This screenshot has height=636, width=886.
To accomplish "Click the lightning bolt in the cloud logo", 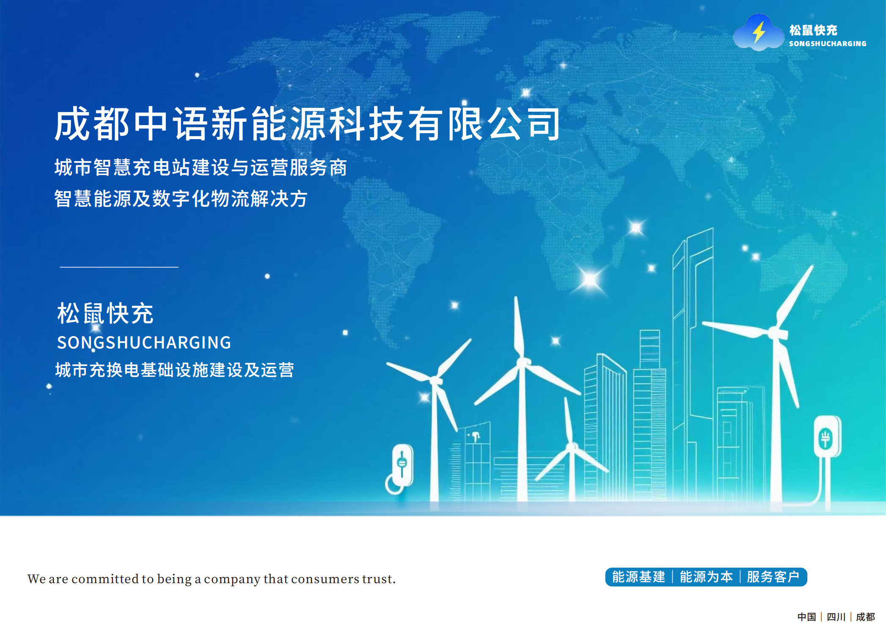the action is (759, 32).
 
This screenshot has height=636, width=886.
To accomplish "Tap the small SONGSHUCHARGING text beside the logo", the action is (828, 44).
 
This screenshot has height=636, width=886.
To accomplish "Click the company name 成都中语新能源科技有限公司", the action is (308, 123).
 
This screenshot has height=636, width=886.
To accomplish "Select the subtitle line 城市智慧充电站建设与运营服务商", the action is (201, 167).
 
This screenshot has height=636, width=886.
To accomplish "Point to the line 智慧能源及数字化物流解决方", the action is (181, 198).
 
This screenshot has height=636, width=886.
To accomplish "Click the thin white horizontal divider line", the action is (119, 267).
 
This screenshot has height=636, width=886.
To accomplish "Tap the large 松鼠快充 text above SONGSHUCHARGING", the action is (105, 313).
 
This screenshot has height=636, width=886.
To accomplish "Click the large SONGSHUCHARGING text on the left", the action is (144, 343).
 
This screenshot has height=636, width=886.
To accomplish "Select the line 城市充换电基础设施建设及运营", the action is (174, 370).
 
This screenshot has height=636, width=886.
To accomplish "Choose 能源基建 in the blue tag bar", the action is (639, 577).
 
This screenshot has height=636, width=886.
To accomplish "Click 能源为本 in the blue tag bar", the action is (706, 577).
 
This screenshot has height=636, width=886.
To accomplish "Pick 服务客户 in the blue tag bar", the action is (773, 577).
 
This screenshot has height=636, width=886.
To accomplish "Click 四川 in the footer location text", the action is (836, 617).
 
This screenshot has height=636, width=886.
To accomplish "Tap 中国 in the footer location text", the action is (806, 617).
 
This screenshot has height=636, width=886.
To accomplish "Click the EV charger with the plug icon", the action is (827, 437).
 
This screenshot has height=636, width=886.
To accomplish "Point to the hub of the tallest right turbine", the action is (777, 333).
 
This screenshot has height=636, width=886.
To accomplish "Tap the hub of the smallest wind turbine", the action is (572, 447).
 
